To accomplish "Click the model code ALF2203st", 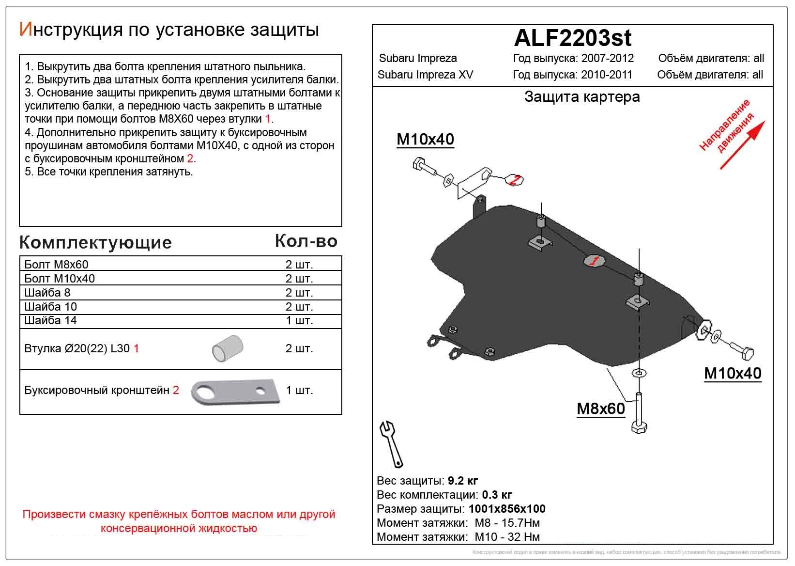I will point(572,38).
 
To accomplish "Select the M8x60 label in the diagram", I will point(600,409).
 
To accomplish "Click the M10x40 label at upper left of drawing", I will point(425,140).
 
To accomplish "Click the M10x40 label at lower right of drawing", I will point(732,373).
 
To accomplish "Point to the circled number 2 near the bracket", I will point(516,180).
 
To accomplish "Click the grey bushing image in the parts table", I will point(228,348).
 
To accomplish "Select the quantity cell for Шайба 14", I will point(299,321).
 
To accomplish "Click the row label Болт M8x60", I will point(56,265).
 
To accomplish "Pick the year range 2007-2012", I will point(607,59).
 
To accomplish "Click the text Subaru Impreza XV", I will point(425,75).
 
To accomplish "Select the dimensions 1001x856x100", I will point(506,509).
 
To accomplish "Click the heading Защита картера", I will point(582,97).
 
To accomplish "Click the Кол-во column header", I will point(306,241).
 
